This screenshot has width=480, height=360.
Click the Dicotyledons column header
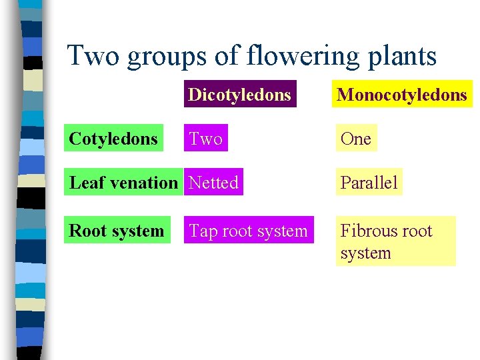239,95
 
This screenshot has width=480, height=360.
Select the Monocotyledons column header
402,95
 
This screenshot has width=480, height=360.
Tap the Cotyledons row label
114,139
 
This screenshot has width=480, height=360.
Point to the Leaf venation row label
123,183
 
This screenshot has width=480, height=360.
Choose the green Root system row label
117,231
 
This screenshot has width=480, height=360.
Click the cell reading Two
205,139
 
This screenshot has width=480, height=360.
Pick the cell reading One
355,139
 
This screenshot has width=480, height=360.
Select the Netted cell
213,183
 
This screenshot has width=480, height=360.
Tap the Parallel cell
369,183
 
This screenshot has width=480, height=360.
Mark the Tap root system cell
248,231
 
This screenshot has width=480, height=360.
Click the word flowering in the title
296,56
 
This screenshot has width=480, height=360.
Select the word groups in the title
167,56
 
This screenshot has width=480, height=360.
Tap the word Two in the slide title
93,56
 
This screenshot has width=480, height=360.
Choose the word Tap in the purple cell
203,231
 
